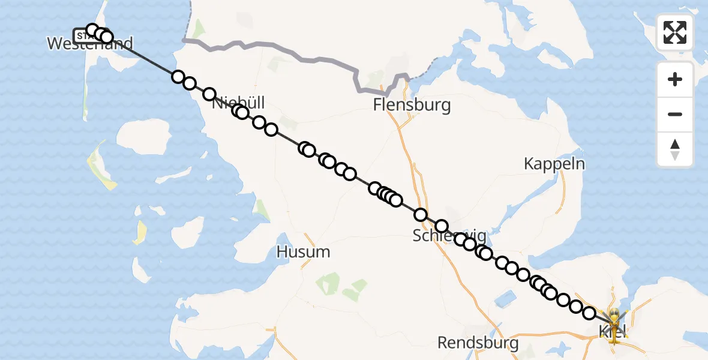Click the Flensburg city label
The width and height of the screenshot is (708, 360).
click(412, 106)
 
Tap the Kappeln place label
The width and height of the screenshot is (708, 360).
click(554, 163)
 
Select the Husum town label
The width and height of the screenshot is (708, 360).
click(303, 251)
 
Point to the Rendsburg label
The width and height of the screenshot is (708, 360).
click(478, 343)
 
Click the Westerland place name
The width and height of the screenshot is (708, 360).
click(90, 44)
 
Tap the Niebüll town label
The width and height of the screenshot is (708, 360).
click(239, 103)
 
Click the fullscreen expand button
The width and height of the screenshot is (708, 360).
click(675, 32)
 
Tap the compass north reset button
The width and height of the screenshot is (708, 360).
click(675, 149)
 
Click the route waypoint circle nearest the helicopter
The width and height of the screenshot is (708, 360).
click(589, 313)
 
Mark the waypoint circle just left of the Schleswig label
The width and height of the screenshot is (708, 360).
click(420, 215)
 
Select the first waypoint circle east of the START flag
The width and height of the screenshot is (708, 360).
click(92, 30)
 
